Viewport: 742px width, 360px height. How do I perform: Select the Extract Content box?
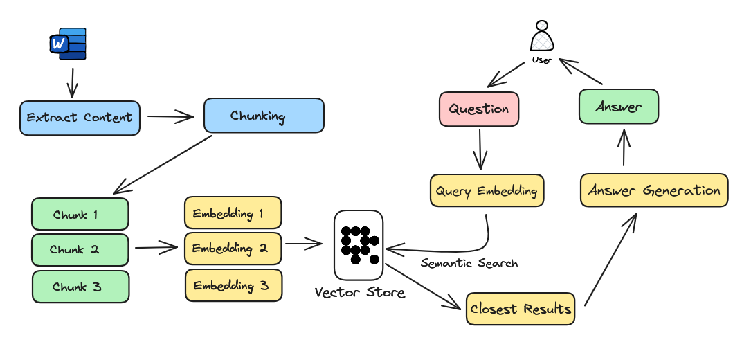click(x=80, y=118)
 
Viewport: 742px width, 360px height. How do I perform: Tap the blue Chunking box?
click(x=263, y=115)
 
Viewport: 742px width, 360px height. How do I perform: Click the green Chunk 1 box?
click(x=80, y=215)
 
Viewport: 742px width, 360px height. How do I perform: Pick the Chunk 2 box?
click(x=80, y=250)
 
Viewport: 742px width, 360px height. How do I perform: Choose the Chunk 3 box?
click(x=80, y=287)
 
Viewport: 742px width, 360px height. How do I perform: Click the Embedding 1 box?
click(x=233, y=213)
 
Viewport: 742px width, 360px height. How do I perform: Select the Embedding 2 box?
click(x=233, y=248)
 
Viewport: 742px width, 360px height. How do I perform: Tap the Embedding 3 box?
click(x=233, y=285)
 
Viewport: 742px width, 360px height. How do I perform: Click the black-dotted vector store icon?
click(x=359, y=244)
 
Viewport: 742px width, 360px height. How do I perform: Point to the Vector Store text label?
click(x=359, y=292)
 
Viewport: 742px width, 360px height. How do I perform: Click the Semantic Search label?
click(x=469, y=263)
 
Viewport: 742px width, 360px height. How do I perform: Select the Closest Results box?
click(x=521, y=309)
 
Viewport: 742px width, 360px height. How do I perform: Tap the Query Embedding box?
click(x=487, y=190)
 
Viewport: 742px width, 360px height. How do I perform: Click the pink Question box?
click(x=479, y=109)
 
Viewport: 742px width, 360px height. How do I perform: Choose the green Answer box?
click(x=618, y=107)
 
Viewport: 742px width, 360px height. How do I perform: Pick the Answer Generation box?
click(x=653, y=190)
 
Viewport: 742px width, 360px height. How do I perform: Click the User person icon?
click(x=542, y=37)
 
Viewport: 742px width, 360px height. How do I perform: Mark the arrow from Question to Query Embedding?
click(x=480, y=148)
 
